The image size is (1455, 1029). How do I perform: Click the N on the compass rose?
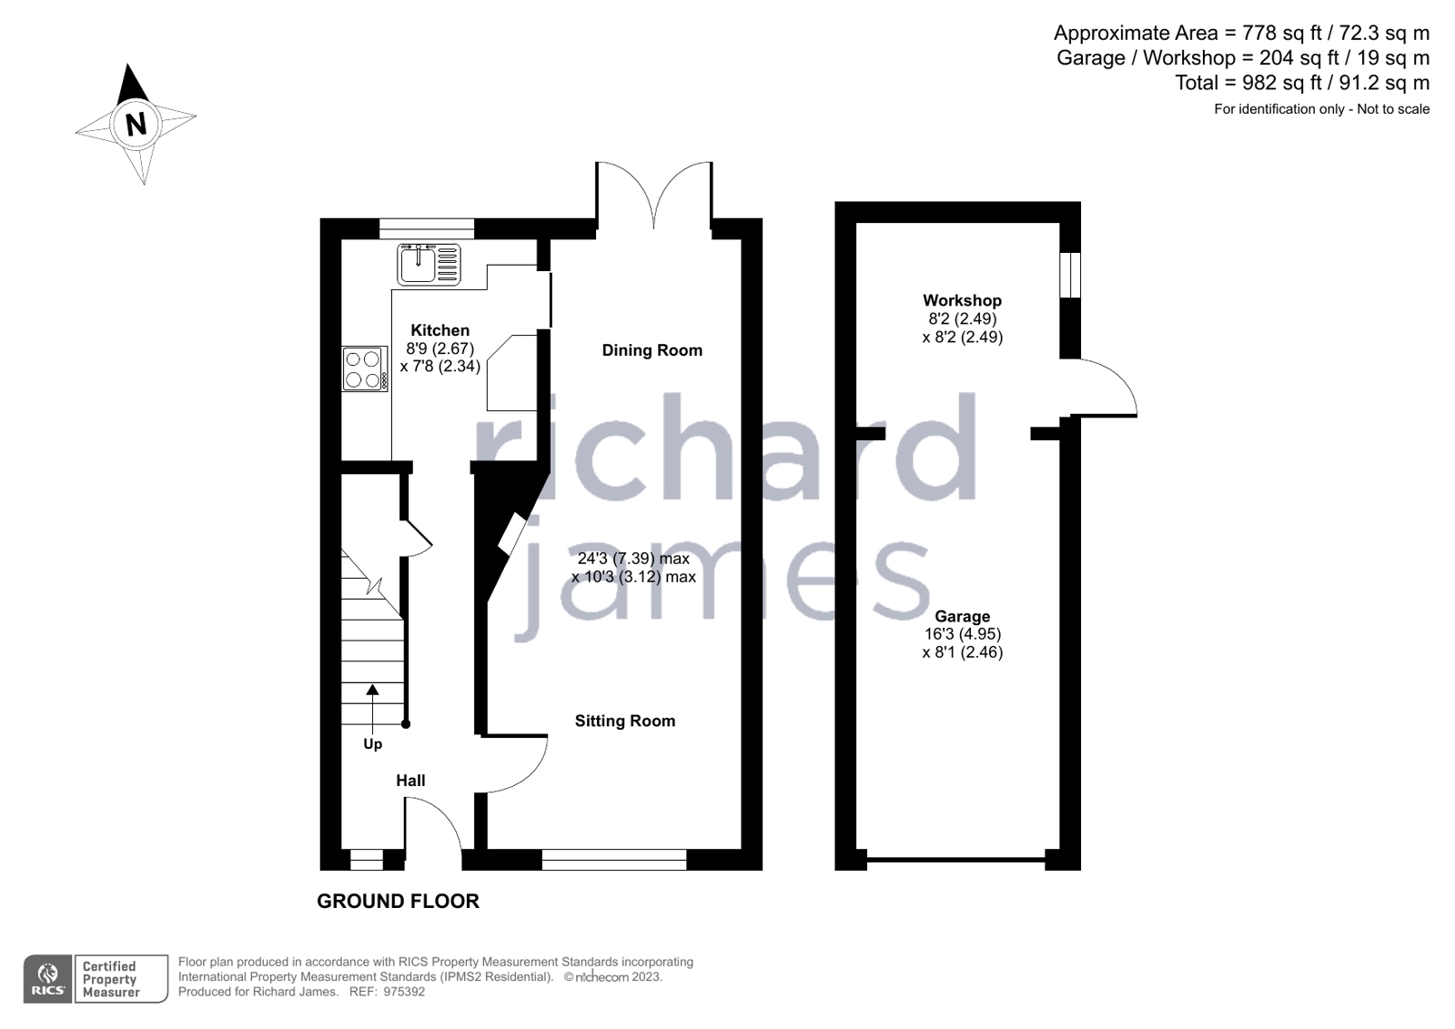point(136,123)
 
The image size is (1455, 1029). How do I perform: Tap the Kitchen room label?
point(440,330)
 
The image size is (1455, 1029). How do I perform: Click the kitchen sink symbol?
point(429,264)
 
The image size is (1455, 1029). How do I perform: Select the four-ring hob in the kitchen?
point(363,368)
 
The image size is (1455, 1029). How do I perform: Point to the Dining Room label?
point(652,350)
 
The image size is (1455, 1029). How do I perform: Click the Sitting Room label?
point(624,721)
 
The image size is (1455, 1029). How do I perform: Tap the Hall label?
point(410,781)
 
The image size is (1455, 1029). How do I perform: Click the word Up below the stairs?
point(372,744)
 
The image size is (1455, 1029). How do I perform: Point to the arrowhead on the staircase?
point(372,690)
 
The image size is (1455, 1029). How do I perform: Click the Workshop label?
point(962,300)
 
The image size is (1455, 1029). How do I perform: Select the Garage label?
point(962,616)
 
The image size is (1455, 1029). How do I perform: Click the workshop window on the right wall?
point(1070,275)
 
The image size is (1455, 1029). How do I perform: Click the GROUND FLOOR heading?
point(398,902)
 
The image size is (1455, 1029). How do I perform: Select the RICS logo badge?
point(48,979)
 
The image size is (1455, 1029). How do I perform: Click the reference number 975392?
point(404,992)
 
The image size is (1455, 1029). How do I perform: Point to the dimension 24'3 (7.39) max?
point(633,559)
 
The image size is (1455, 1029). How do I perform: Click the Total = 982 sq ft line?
point(1301,83)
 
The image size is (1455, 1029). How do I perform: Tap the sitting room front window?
point(614,860)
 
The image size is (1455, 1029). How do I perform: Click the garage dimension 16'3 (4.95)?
point(962,634)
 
